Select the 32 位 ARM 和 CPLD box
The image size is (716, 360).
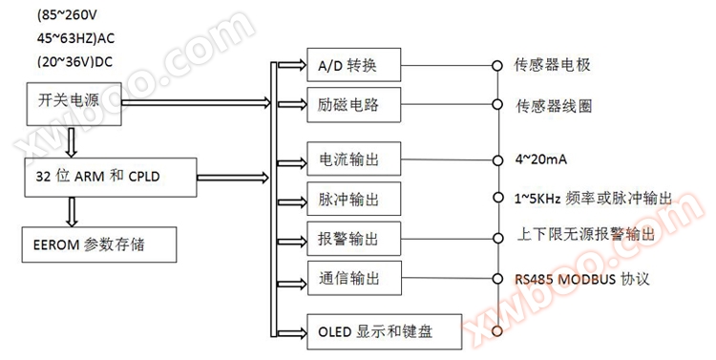(111, 176)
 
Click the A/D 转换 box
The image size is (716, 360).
(353, 65)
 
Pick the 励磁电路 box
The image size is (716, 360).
(353, 104)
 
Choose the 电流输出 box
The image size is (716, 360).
(353, 159)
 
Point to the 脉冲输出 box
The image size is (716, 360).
(353, 199)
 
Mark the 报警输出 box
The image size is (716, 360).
(353, 237)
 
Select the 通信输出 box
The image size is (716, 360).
(353, 278)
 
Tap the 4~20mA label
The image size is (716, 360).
(540, 159)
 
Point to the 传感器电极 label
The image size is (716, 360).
(553, 65)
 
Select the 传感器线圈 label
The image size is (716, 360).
(553, 104)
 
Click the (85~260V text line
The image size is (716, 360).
(72, 15)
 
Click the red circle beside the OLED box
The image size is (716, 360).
(495, 331)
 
